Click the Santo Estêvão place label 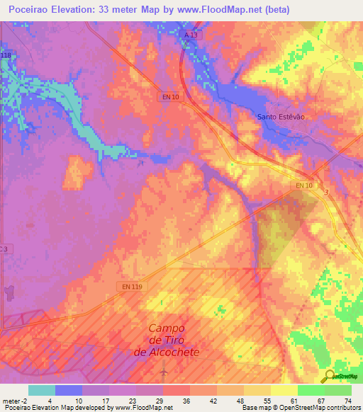click(x=280, y=116)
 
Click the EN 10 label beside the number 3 click(x=303, y=185)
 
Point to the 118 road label click(x=6, y=55)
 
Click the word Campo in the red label click(x=167, y=328)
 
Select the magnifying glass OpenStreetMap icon click(x=328, y=376)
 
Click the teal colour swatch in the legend click(x=41, y=390)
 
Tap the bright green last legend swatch click(x=337, y=390)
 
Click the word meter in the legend click(x=11, y=400)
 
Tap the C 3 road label click(x=5, y=248)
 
